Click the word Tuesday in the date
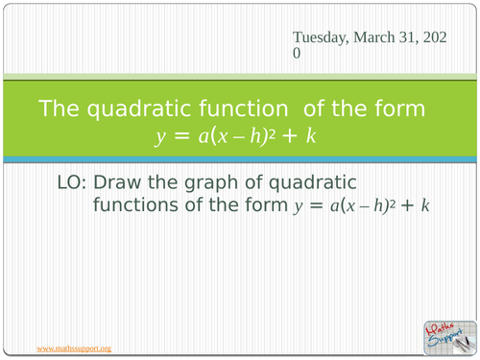point(322,36)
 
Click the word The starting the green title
point(60,108)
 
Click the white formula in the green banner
point(235,136)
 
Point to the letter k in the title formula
point(311,136)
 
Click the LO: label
point(78,181)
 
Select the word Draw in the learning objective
point(129,181)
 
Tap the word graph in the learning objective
point(218,181)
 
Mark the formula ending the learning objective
point(361,205)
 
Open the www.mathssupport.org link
point(74,347)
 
